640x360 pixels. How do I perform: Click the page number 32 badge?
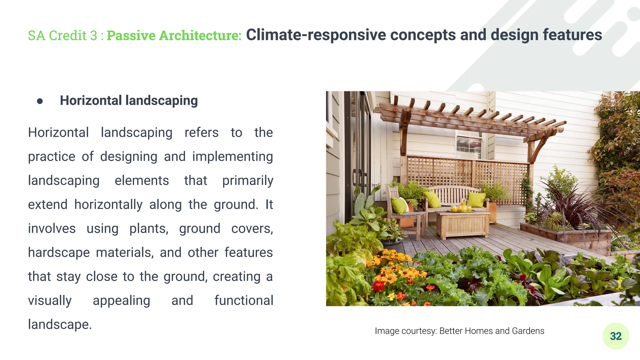(615, 336)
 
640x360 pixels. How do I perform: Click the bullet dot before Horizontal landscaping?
(40, 101)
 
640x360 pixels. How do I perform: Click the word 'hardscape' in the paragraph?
(59, 252)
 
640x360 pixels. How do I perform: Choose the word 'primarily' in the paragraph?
(247, 181)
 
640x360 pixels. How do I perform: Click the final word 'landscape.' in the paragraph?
(60, 324)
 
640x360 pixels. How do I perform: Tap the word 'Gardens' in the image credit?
(528, 331)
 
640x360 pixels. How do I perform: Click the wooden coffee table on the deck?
(462, 223)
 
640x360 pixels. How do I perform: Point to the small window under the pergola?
(469, 147)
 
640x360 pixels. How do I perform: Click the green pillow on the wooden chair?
(399, 205)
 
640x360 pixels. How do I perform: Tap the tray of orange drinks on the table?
(461, 209)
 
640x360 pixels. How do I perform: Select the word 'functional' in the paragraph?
(244, 301)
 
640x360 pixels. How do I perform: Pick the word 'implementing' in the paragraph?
(232, 157)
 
